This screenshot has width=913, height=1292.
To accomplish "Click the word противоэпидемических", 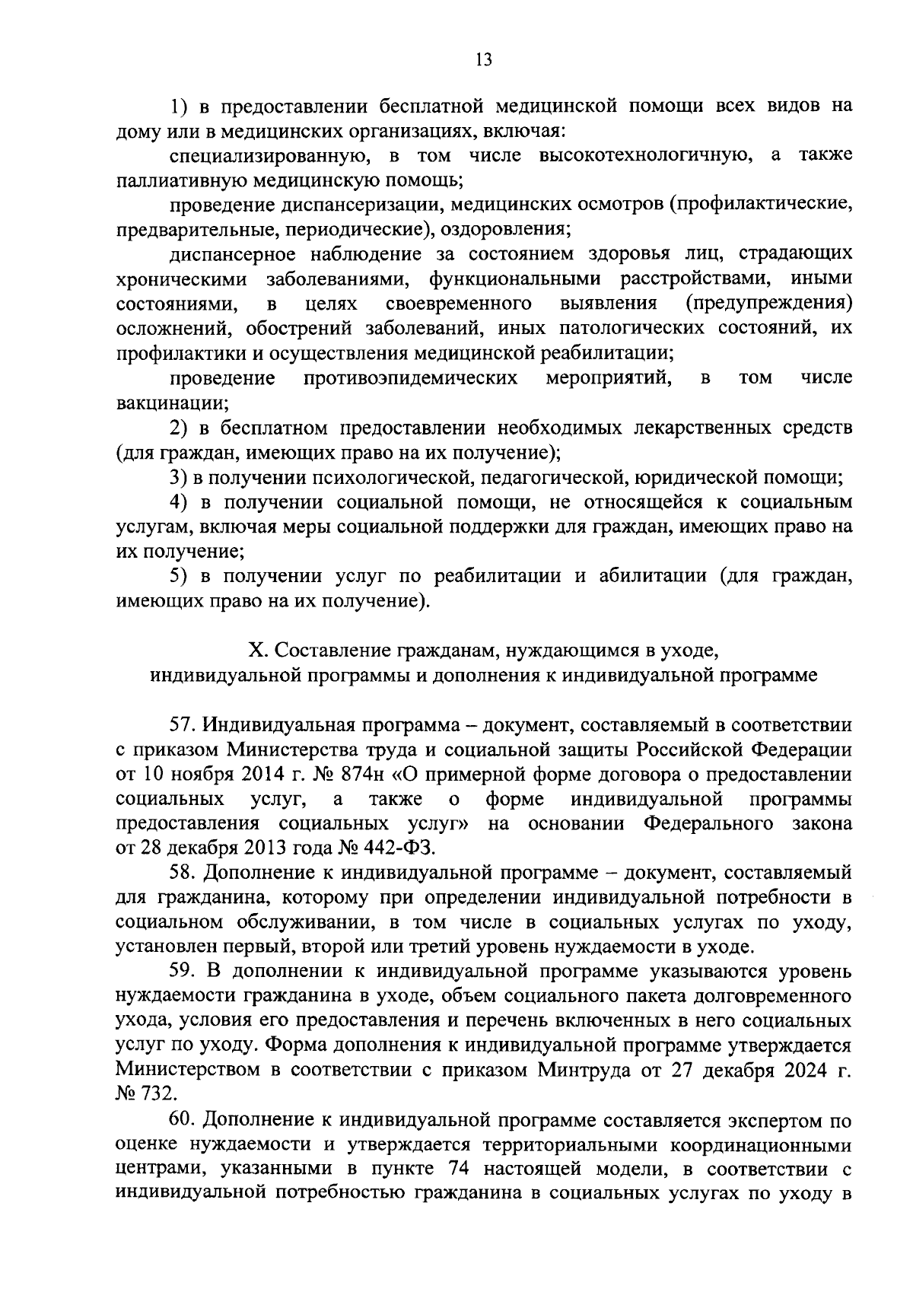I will coord(411,378).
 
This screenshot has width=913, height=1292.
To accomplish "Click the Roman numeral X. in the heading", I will coord(259,651).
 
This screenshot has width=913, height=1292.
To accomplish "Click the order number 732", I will coord(159,1095).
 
